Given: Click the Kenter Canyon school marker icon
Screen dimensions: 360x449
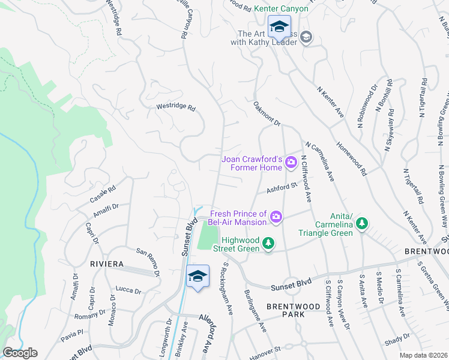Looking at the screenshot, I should point(279,27).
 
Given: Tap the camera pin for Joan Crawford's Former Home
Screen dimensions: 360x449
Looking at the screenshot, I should point(292,161).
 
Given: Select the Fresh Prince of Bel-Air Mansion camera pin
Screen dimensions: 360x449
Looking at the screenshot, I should point(276,217).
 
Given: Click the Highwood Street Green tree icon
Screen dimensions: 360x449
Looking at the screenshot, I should point(270,243).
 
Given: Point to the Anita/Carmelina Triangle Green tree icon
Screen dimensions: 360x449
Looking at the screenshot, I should point(361,224).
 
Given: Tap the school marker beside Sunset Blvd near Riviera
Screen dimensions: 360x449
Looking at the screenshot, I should point(197,277).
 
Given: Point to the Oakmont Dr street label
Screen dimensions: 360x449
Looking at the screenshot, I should point(267,114).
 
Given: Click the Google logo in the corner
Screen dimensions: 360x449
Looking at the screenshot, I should point(20,353).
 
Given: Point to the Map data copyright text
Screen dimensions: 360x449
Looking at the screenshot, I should point(424,355).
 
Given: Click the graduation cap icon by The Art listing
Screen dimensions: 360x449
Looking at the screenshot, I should point(306,38).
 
